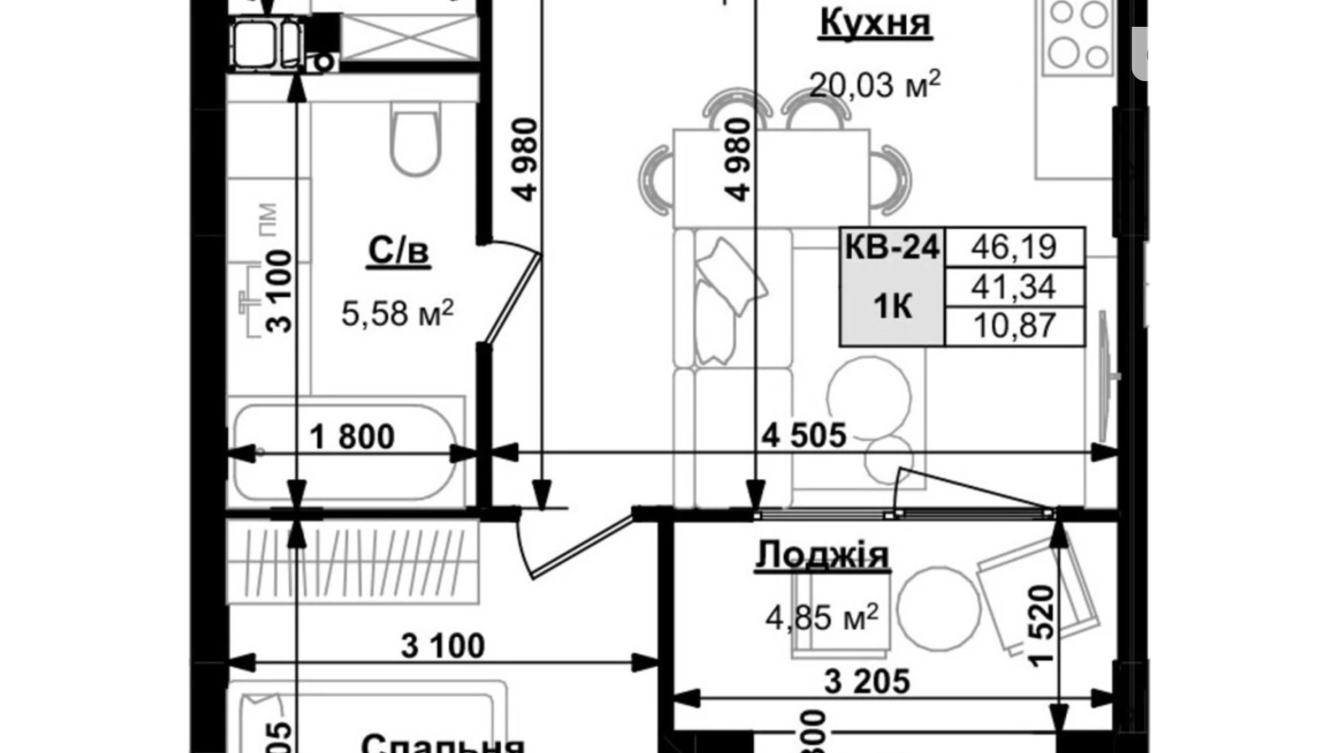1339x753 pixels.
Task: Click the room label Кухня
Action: (875, 23)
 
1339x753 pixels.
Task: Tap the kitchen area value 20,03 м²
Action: (874, 84)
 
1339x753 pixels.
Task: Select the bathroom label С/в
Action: (398, 251)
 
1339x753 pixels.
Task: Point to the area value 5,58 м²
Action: (397, 314)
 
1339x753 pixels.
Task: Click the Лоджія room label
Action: (822, 556)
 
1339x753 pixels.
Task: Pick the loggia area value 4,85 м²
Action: (822, 618)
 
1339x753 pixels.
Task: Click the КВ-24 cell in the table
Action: (892, 248)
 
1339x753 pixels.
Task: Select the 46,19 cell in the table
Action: (1014, 247)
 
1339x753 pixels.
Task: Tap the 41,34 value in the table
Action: (1014, 287)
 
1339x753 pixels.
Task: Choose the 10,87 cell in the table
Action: (1014, 326)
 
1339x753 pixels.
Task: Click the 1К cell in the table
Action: (892, 307)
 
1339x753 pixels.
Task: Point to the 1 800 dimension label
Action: (352, 437)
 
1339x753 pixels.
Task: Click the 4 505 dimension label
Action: (804, 435)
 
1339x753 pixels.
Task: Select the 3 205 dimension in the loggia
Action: (867, 681)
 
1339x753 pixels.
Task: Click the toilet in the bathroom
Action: (415, 138)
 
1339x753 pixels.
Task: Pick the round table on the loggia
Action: (939, 607)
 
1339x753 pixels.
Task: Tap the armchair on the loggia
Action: (1036, 594)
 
